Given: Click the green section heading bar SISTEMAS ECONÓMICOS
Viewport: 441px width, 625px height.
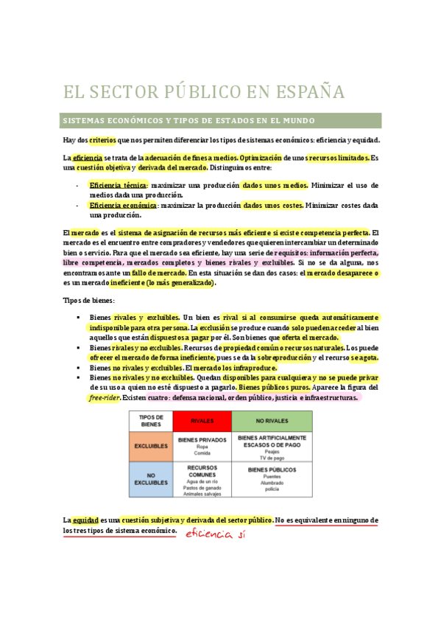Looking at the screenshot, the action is pyautogui.click(x=222, y=120).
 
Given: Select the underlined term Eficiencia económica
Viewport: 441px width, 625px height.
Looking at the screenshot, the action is pyautogui.click(x=123, y=204).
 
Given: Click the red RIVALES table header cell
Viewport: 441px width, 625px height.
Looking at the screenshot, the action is pyautogui.click(x=202, y=422).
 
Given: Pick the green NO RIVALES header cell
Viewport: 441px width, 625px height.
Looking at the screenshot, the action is pyautogui.click(x=271, y=422).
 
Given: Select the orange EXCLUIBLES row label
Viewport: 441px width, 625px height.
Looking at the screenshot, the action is pyautogui.click(x=151, y=447).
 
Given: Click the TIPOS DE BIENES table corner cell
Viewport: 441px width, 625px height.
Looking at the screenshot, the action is pyautogui.click(x=151, y=421).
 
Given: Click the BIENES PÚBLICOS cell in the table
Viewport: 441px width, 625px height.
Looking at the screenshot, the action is pyautogui.click(x=271, y=469).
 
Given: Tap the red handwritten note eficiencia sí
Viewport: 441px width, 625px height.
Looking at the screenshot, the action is pyautogui.click(x=214, y=534).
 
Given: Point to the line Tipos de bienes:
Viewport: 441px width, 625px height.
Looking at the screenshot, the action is pyautogui.click(x=88, y=301).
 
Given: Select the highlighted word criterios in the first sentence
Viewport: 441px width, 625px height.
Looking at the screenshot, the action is pyautogui.click(x=103, y=139).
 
